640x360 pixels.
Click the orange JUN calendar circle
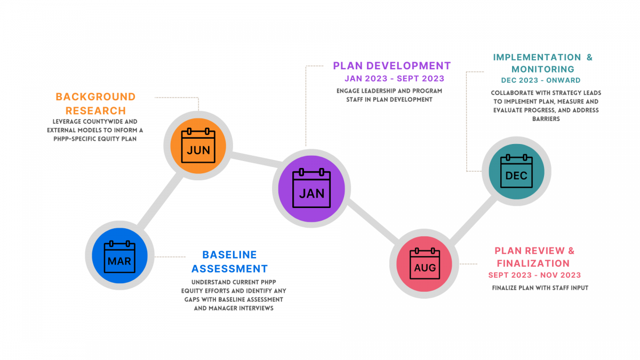pos(198,146)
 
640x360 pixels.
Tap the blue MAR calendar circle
pos(119,255)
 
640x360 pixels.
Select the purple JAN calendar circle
pos(311,189)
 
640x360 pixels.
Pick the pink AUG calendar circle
pos(425,263)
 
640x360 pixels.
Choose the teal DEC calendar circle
pos(517,171)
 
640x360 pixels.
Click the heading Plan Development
pos(391,66)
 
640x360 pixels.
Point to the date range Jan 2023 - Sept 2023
pos(394,78)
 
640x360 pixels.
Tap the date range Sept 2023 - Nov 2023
pos(534,275)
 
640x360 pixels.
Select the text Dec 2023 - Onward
pos(541,81)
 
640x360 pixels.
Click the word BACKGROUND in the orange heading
pos(95,97)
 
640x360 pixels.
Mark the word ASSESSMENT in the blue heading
pos(229,269)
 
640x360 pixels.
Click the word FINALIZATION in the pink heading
pos(533,263)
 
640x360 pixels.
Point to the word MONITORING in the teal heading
pos(543,69)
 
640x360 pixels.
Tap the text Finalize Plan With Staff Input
pos(540,288)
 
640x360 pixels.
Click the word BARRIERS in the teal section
pos(546,119)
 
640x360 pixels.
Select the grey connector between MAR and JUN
pos(160,201)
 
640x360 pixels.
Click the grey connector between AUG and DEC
pos(474,219)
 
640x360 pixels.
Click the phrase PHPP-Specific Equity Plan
pos(95,139)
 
